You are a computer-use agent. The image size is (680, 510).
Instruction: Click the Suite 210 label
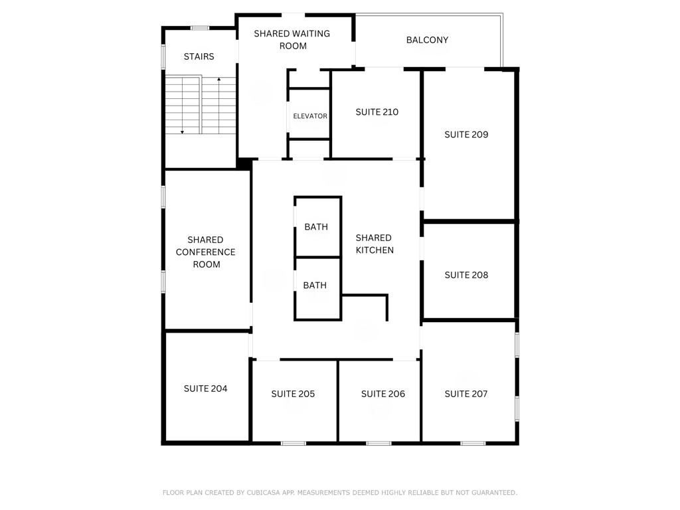(377, 112)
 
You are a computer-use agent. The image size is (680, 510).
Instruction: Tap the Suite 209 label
(466, 134)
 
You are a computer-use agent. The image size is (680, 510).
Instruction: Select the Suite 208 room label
(466, 275)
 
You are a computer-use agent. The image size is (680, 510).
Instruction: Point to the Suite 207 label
(466, 394)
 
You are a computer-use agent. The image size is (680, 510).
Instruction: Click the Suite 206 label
(382, 394)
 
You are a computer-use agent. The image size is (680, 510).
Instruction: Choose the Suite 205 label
(293, 394)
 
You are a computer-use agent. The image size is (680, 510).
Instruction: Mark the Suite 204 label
(205, 388)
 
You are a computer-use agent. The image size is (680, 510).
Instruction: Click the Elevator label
(310, 116)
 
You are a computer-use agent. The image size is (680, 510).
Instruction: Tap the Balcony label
(427, 40)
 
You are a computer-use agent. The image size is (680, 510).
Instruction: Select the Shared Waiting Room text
(292, 40)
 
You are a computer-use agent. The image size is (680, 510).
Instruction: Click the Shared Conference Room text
(205, 252)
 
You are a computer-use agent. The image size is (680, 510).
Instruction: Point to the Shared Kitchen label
(375, 244)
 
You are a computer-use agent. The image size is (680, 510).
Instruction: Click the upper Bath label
(316, 227)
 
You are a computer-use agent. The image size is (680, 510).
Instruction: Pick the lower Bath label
(315, 286)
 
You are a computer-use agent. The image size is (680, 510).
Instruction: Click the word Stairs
(199, 56)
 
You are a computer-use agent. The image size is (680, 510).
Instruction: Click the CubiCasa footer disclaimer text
(339, 493)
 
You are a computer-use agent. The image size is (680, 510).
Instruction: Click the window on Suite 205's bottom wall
(293, 443)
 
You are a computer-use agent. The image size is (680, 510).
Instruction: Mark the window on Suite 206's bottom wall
(379, 443)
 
